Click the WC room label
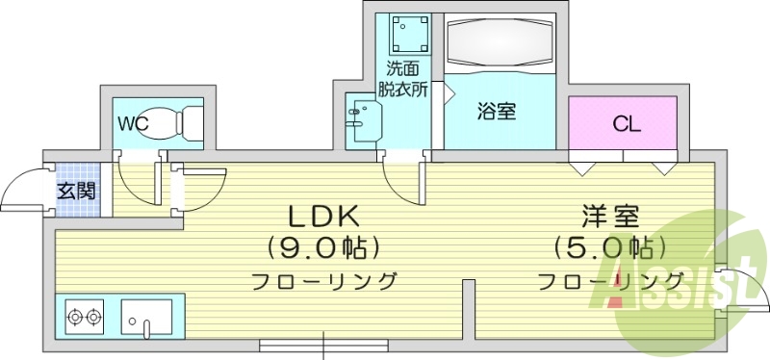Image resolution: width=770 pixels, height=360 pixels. point(132,123)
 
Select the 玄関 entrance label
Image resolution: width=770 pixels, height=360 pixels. point(75,191)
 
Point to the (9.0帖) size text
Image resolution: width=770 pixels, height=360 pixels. point(321,247)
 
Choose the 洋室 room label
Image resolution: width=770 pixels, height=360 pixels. point(609,216)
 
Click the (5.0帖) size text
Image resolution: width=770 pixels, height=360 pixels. point(609,247)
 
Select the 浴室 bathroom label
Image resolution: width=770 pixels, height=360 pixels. point(497,112)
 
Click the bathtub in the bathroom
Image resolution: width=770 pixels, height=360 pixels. point(500,46)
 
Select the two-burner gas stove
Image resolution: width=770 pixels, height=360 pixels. point(85,315)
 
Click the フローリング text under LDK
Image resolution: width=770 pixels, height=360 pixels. point(324,282)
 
